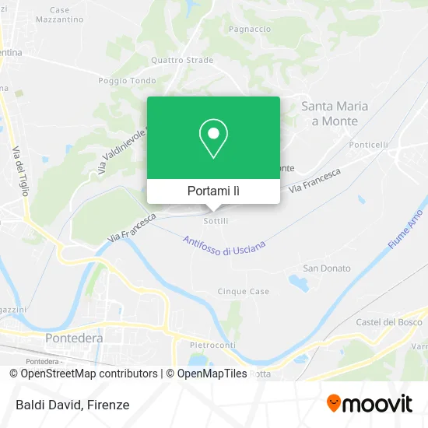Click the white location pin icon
pyautogui.click(x=213, y=138)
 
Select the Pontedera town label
pyautogui.click(x=75, y=339)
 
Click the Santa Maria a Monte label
pyautogui.click(x=335, y=114)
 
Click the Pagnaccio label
pyautogui.click(x=250, y=29)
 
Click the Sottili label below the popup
pyautogui.click(x=215, y=221)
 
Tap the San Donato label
pyautogui.click(x=327, y=268)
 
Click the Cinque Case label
pyautogui.click(x=244, y=292)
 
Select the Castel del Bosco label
pyautogui.click(x=388, y=322)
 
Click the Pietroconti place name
pyautogui.click(x=213, y=343)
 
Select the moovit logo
pyautogui.click(x=370, y=404)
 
